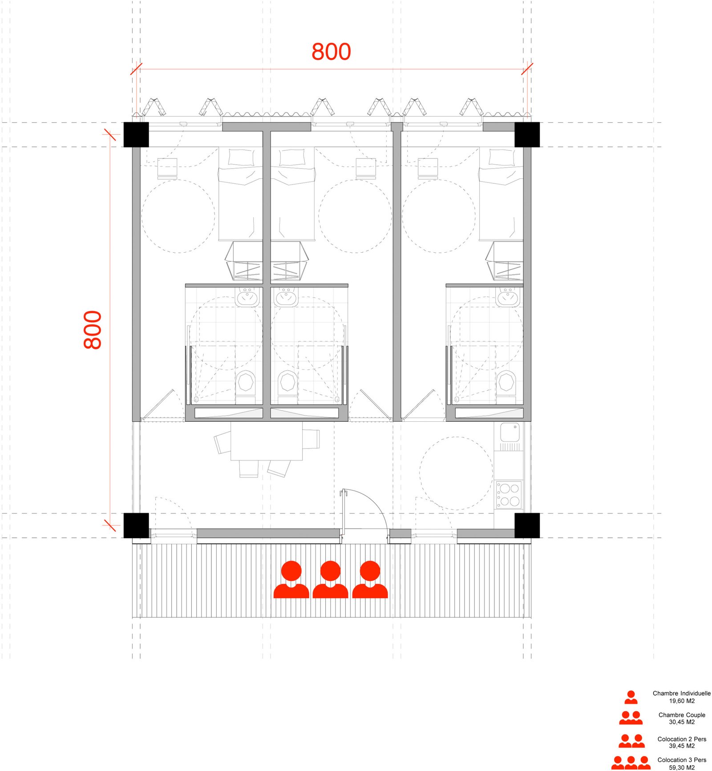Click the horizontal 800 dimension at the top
[x=331, y=52]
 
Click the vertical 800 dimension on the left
[x=93, y=330]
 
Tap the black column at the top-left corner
[x=136, y=134]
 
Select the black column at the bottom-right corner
[x=527, y=525]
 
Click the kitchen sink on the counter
[x=510, y=432]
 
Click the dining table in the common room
[x=267, y=441]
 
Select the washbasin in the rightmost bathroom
[x=508, y=297]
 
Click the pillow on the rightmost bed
[x=502, y=157]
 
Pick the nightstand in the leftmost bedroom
[x=167, y=168]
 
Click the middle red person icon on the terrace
[x=330, y=579]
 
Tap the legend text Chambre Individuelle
[x=681, y=693]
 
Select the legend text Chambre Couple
[x=682, y=715]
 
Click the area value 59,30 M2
[x=682, y=767]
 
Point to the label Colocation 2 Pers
[x=682, y=739]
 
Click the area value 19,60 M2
[x=682, y=701]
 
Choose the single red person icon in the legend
[x=631, y=697]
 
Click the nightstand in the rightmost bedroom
[x=428, y=168]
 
